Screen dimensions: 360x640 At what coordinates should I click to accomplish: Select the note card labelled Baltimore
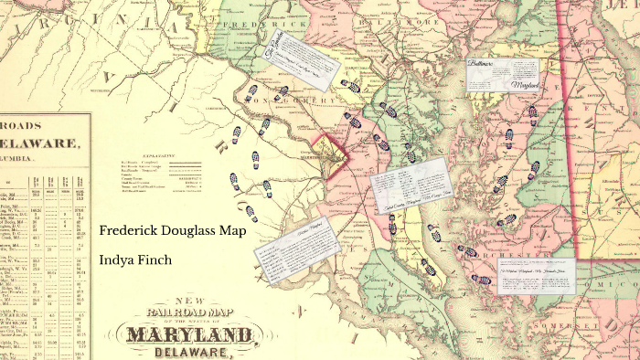click(x=501, y=74)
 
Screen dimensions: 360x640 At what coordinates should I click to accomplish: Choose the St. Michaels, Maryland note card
click(x=538, y=275)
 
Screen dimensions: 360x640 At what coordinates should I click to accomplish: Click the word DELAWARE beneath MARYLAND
click(x=191, y=352)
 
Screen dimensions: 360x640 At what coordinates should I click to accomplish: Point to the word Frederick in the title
click(x=126, y=231)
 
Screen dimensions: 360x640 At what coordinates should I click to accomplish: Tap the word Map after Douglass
click(x=232, y=231)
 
